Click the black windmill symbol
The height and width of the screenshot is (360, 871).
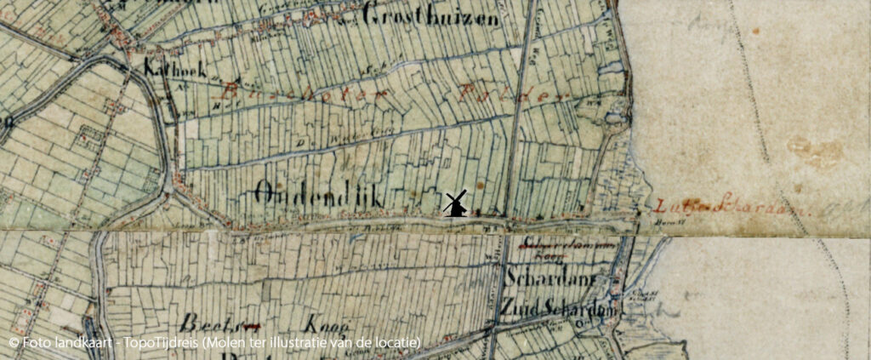tap(456, 204)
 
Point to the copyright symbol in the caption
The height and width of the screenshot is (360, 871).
tap(14, 342)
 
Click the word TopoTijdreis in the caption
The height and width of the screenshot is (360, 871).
tap(163, 342)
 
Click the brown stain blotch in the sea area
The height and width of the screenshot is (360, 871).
tap(811, 151)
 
